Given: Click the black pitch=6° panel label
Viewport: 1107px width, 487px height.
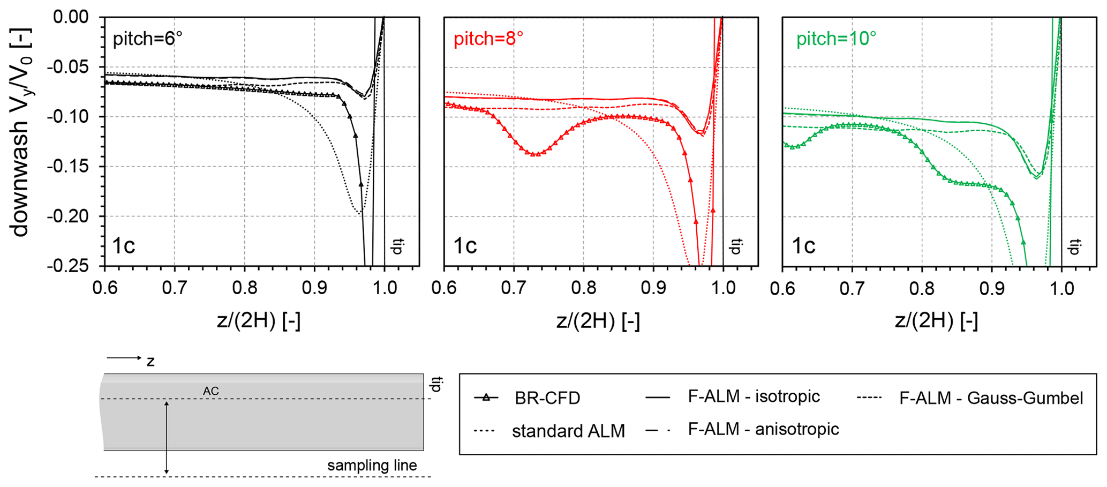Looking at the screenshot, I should [x=147, y=39].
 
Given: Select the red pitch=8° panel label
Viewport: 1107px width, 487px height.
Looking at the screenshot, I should [x=488, y=39].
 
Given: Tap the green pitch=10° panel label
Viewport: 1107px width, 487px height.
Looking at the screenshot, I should [x=836, y=39].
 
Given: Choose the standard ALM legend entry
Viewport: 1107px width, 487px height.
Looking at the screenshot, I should [x=568, y=431].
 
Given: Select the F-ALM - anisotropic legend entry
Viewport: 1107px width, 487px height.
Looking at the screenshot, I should [x=763, y=429].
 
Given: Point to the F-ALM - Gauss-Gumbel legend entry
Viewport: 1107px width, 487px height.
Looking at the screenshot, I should [x=991, y=398].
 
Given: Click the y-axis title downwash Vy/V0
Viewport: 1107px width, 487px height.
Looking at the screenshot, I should [x=20, y=131].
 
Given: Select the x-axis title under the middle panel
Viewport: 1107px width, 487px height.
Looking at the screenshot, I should [x=598, y=321].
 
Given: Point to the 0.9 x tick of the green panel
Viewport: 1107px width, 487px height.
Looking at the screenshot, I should [x=992, y=289].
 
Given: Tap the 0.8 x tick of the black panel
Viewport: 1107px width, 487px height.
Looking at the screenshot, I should [x=244, y=289].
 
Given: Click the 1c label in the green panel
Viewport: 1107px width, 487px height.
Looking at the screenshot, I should [x=803, y=246].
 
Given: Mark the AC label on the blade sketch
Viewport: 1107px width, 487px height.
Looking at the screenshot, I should [x=210, y=392].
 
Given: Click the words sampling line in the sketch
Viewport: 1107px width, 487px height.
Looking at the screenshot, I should [x=372, y=466].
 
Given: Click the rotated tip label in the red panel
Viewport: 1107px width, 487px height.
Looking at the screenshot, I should [x=736, y=246].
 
